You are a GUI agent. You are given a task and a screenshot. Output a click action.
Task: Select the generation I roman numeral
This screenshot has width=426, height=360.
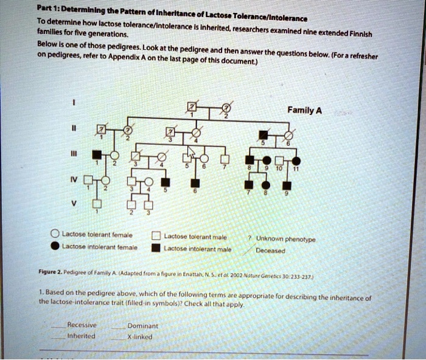74,103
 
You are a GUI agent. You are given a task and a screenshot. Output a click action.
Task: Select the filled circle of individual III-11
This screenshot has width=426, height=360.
296,160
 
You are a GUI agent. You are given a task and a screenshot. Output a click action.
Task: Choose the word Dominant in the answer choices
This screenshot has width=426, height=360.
144,326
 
